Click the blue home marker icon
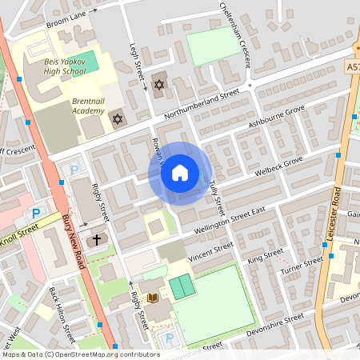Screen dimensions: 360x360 180,173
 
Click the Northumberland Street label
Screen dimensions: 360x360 202,103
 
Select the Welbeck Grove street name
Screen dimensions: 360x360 277,166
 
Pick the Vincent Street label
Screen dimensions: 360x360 210,251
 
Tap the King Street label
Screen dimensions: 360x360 266,257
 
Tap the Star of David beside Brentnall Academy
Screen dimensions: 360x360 118,119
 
